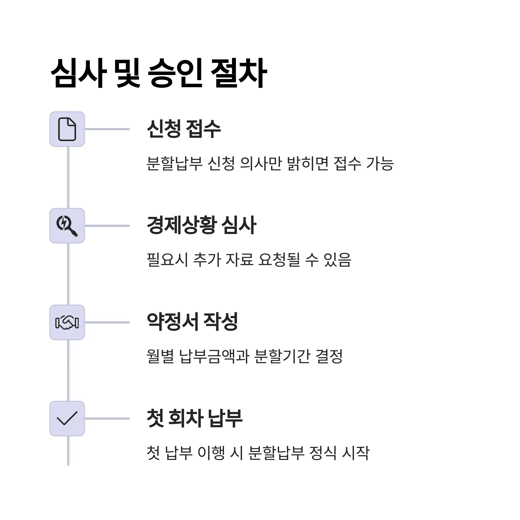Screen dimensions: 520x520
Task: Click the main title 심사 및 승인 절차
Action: (159, 73)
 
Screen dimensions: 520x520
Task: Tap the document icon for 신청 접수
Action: (67, 129)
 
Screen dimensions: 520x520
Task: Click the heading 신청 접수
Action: (184, 129)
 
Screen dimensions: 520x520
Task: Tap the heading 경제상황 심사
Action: (201, 226)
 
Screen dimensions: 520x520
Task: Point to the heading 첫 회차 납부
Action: (195, 418)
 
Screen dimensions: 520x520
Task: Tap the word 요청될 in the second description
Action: (279, 260)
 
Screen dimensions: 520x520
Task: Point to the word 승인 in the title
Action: (175, 73)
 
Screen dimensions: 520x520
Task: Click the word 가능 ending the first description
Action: (380, 163)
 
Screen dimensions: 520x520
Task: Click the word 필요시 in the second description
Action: (167, 260)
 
